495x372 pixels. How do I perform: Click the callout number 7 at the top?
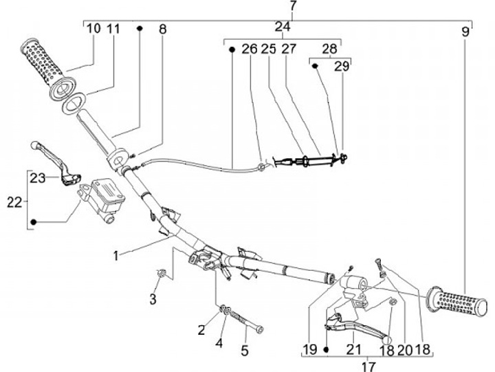click(x=294, y=6)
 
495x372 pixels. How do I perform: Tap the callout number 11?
click(x=114, y=29)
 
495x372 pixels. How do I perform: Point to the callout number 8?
click(x=162, y=29)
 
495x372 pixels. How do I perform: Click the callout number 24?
click(x=283, y=27)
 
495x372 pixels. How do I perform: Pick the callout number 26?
click(x=249, y=49)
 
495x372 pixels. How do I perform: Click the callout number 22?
click(x=14, y=202)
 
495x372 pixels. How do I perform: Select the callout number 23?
click(x=37, y=177)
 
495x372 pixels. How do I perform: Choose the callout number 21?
click(x=353, y=349)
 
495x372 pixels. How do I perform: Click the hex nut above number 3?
click(x=162, y=274)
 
